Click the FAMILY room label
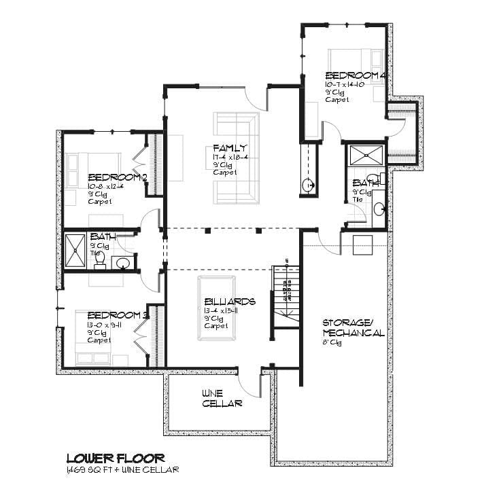(230, 148)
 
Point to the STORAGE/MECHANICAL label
(353, 327)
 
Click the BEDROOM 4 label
(356, 75)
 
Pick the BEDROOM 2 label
(118, 178)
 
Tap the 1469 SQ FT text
(92, 470)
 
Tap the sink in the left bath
(123, 263)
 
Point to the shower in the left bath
(75, 251)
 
